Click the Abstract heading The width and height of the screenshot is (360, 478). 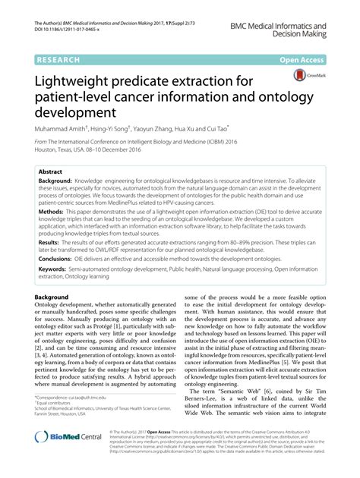50,172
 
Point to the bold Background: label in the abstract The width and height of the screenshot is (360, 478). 55,183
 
